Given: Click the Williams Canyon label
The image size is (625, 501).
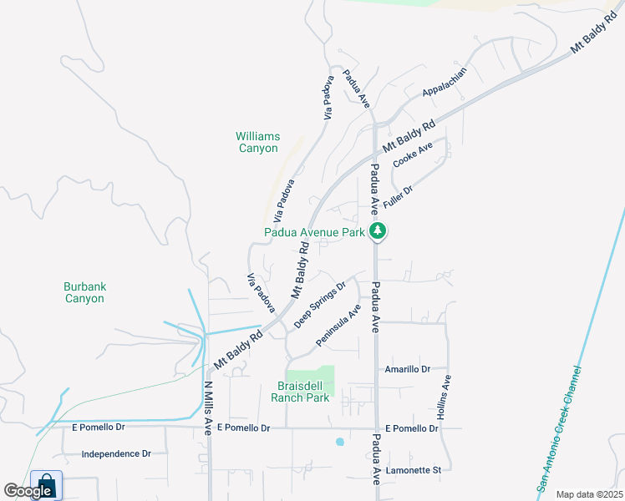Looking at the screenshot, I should [257, 142].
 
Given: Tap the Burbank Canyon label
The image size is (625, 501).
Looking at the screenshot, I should [84, 292].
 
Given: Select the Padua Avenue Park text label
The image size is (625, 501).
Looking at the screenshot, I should [314, 233].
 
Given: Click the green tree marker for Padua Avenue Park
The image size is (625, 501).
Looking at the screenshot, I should [378, 231].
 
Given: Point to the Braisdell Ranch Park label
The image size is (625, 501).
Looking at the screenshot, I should [305, 392].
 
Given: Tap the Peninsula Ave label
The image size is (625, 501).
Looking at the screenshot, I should [338, 326].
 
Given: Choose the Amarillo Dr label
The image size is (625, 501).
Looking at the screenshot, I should [407, 369].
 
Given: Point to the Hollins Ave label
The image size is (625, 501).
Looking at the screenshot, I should [446, 397].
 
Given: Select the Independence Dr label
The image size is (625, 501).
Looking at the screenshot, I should [116, 454].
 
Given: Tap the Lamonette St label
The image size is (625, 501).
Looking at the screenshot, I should [413, 470].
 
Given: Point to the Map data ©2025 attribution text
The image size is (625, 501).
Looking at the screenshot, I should [588, 494].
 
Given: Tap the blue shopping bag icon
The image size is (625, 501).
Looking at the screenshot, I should [46, 485].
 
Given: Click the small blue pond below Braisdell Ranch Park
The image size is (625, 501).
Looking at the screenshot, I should [339, 441].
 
